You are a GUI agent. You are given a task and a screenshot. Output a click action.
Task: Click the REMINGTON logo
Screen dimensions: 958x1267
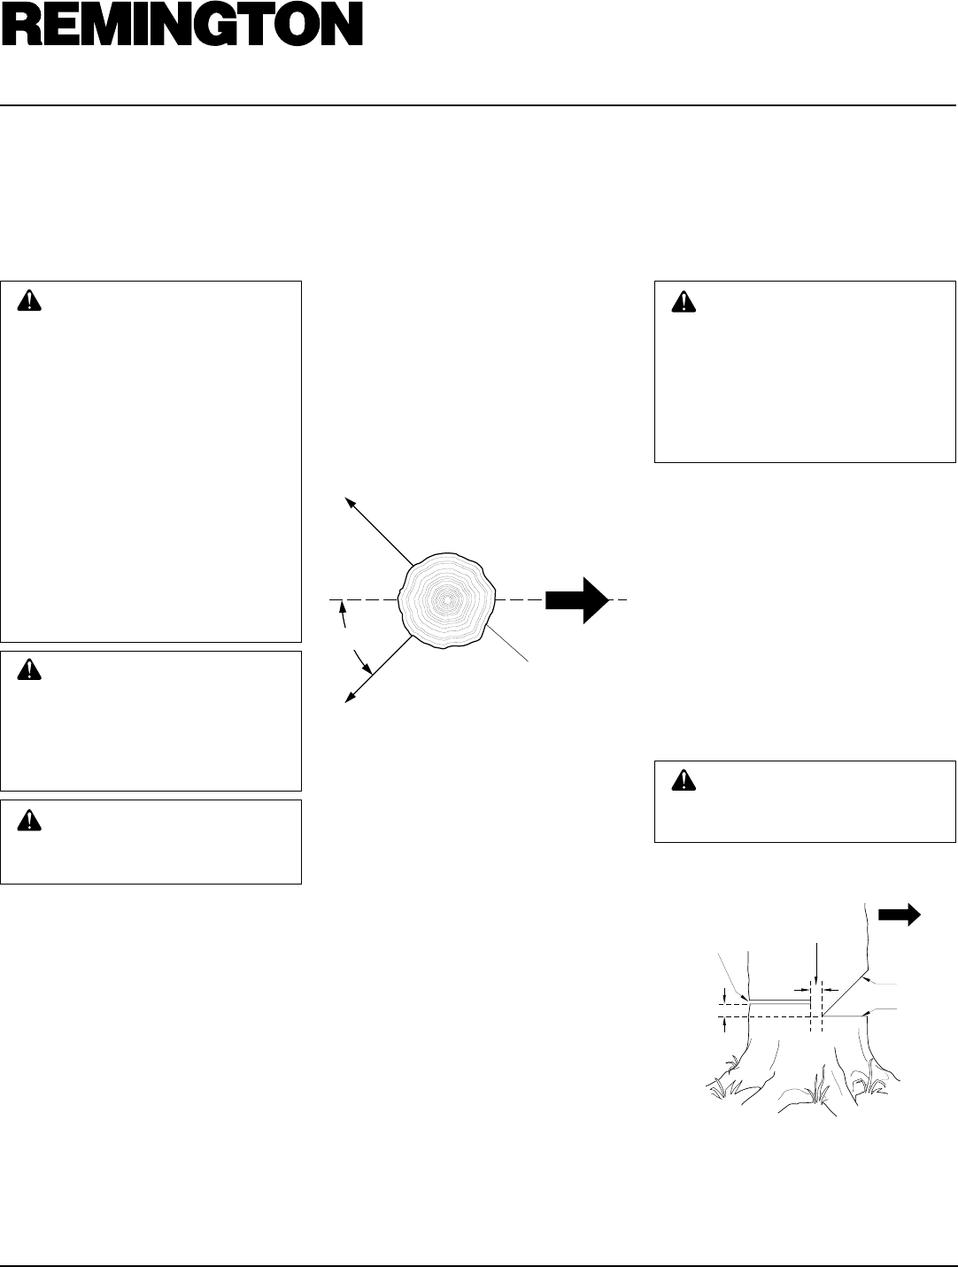click(x=182, y=27)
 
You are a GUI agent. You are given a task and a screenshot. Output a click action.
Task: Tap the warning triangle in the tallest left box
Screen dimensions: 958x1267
click(x=31, y=301)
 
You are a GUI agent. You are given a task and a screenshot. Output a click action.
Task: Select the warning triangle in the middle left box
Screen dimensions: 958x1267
click(x=31, y=671)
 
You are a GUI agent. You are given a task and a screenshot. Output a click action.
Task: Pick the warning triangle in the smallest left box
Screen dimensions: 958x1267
click(x=31, y=820)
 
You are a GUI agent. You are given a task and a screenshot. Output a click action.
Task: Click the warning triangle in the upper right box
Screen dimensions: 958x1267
click(x=684, y=301)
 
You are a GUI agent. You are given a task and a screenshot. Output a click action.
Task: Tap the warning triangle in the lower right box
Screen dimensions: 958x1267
click(x=684, y=780)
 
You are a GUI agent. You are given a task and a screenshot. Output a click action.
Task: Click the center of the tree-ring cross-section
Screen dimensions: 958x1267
click(x=447, y=600)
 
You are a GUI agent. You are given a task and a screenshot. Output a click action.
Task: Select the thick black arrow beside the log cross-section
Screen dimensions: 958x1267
click(x=576, y=600)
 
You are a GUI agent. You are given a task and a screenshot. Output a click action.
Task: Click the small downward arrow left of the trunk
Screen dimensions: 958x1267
click(x=726, y=994)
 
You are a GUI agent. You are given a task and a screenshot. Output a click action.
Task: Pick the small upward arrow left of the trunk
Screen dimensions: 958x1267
click(x=726, y=1024)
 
